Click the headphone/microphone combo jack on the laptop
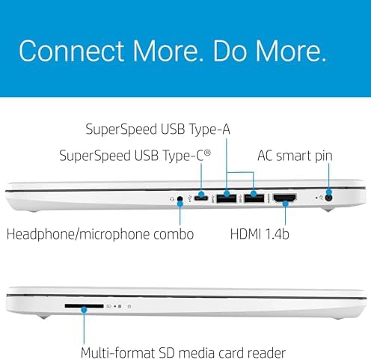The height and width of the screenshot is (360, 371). click(x=180, y=199)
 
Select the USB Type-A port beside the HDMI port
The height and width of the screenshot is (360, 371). click(x=254, y=198)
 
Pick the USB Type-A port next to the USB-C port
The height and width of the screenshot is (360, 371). click(x=227, y=198)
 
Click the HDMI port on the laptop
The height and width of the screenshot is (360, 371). click(x=285, y=198)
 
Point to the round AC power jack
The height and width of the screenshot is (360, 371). click(x=329, y=198)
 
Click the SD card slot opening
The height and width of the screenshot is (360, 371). click(x=84, y=306)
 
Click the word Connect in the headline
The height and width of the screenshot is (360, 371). click(x=72, y=51)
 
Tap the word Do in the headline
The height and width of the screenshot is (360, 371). click(x=230, y=51)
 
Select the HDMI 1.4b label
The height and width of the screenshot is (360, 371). click(x=260, y=234)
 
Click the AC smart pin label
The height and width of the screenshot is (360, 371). click(x=295, y=156)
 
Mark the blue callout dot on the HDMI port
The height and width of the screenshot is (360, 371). click(x=286, y=204)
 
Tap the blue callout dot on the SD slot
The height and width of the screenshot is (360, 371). click(x=84, y=310)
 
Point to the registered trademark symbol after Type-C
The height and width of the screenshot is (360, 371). click(x=207, y=152)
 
